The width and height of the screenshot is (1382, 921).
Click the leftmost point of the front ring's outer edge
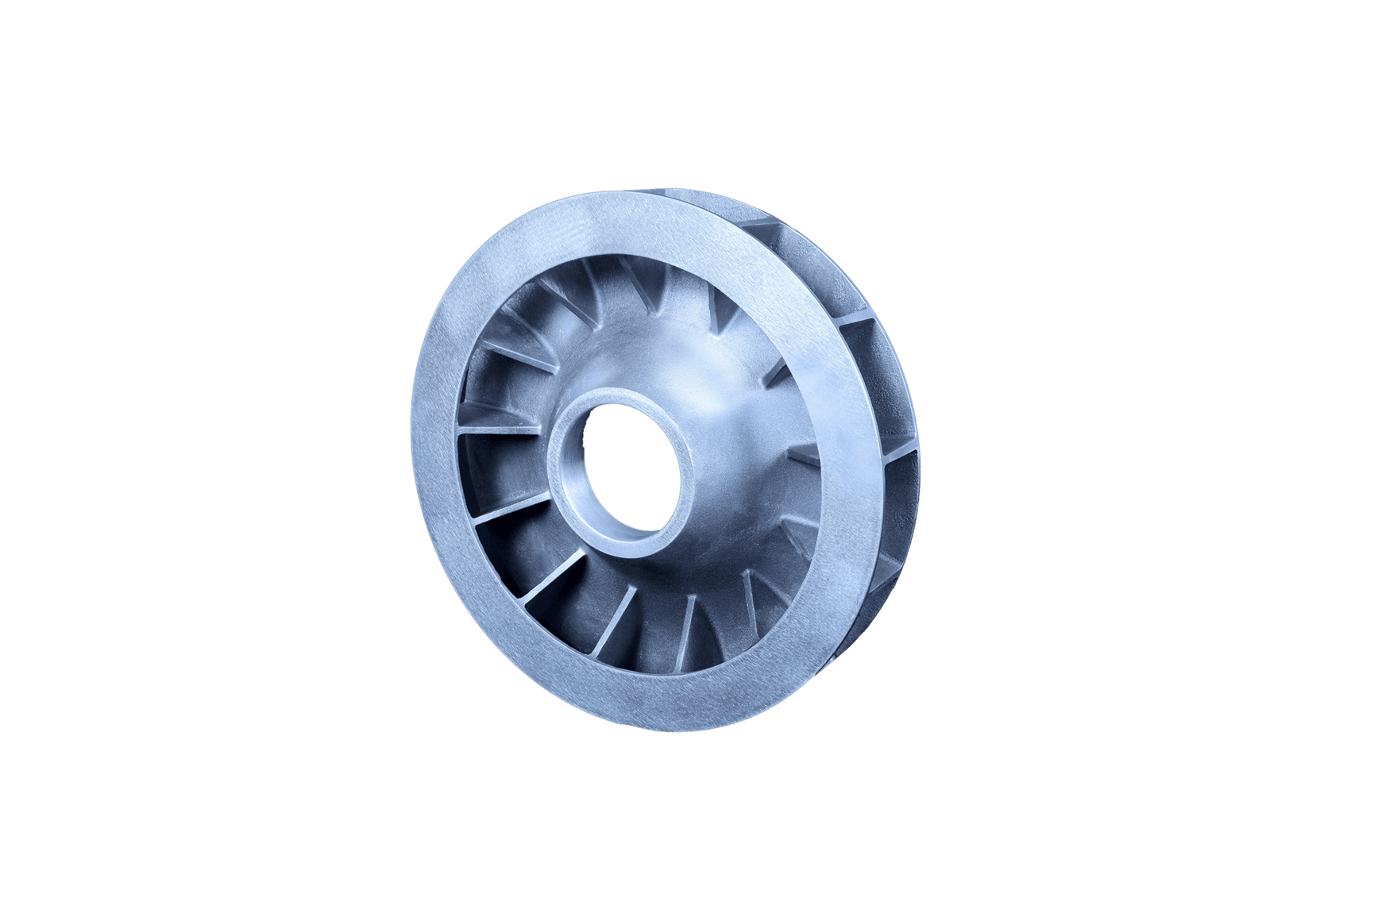tap(411, 484)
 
